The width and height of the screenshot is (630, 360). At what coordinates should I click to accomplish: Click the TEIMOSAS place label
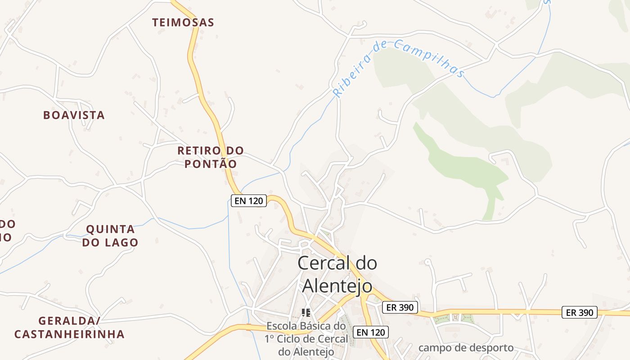pyautogui.click(x=183, y=22)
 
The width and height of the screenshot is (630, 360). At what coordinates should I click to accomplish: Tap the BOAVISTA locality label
pyautogui.click(x=74, y=115)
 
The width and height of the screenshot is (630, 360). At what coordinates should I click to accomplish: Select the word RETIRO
pyautogui.click(x=198, y=150)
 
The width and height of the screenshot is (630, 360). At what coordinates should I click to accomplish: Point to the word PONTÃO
pyautogui.click(x=211, y=164)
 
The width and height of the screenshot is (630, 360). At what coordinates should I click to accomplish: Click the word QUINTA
pyautogui.click(x=110, y=229)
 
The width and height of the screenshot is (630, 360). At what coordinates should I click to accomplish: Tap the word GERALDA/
pyautogui.click(x=69, y=321)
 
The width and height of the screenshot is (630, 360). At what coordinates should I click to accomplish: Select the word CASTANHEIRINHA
pyautogui.click(x=69, y=334)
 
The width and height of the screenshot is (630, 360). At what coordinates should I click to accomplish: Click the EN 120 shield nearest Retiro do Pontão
pyautogui.click(x=249, y=201)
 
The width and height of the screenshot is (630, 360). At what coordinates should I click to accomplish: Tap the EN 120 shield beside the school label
pyautogui.click(x=370, y=332)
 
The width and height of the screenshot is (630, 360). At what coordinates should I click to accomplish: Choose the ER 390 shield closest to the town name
pyautogui.click(x=400, y=307)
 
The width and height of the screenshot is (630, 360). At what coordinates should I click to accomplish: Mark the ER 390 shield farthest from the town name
pyautogui.click(x=580, y=312)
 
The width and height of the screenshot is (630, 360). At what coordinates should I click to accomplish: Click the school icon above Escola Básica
pyautogui.click(x=306, y=312)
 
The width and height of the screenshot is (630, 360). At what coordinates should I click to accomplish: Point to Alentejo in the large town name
pyautogui.click(x=337, y=286)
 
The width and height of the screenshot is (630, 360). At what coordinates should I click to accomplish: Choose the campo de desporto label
pyautogui.click(x=466, y=348)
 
